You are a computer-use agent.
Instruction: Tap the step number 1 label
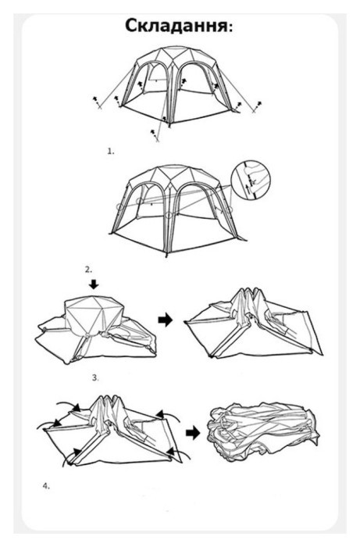110,152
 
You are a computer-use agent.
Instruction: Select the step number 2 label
88,270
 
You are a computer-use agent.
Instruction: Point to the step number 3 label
95,377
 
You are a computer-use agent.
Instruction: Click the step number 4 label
46,486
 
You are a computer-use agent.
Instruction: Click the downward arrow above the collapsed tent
94,284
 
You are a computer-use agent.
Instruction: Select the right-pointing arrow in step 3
166,320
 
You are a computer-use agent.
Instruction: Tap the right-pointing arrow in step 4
193,433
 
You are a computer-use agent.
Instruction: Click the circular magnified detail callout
251,180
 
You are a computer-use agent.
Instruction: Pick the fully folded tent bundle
263,432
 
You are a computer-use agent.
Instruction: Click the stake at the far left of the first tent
97,102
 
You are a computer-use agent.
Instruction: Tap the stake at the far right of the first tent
256,107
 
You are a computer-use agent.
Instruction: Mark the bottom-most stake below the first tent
155,135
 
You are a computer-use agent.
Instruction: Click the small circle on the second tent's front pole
169,215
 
